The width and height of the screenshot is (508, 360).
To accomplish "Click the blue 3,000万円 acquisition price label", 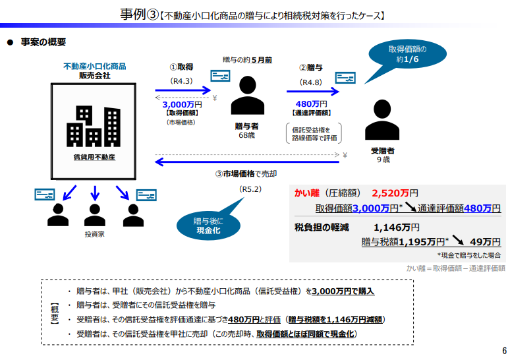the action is [182, 104].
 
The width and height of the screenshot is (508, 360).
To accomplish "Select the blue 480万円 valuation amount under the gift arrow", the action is [312, 104].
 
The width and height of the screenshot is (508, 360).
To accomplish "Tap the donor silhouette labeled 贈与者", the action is [248, 95].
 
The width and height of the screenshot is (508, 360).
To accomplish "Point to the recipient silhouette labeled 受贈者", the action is [382, 119].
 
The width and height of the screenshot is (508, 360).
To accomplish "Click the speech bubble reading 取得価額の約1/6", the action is [407, 54].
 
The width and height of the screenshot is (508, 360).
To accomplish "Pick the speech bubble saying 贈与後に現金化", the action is [209, 224].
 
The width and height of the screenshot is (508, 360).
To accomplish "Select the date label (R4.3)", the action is [181, 81].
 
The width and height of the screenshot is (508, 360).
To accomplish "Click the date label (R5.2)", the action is [250, 189].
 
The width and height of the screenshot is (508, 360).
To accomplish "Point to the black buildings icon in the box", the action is [94, 126].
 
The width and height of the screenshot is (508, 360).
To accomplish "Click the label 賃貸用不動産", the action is [94, 158].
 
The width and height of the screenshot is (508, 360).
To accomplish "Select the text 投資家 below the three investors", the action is [95, 234].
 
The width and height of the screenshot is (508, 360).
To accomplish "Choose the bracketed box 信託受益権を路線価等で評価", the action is [314, 134].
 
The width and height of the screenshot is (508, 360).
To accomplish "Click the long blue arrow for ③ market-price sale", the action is [247, 162].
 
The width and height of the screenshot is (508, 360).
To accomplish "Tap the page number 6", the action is [504, 351].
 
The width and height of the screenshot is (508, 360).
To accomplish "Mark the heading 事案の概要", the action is [43, 42].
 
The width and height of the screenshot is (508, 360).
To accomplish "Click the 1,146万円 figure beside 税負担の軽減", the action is [396, 227].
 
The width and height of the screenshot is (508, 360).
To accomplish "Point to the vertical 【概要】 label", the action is [55, 313].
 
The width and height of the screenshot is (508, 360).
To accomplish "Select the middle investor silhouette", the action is [95, 215].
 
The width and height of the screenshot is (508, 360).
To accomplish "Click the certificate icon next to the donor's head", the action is [220, 76].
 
